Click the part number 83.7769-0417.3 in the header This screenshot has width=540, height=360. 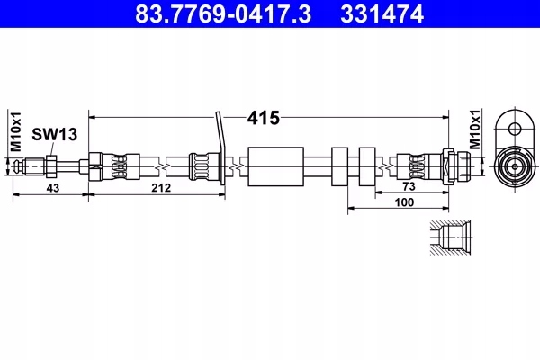tap(223, 13)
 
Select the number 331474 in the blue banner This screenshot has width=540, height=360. tap(382, 13)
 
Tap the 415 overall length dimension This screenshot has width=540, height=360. tap(264, 118)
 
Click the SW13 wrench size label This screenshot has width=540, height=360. tap(54, 134)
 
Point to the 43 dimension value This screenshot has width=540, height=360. tap(53, 188)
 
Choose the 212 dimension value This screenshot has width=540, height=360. tap(161, 188)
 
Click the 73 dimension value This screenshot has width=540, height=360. tap(409, 186)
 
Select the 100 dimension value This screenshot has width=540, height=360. tap(404, 202)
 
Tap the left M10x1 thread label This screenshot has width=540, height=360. tap(16, 131)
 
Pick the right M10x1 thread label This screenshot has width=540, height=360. tap(475, 130)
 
